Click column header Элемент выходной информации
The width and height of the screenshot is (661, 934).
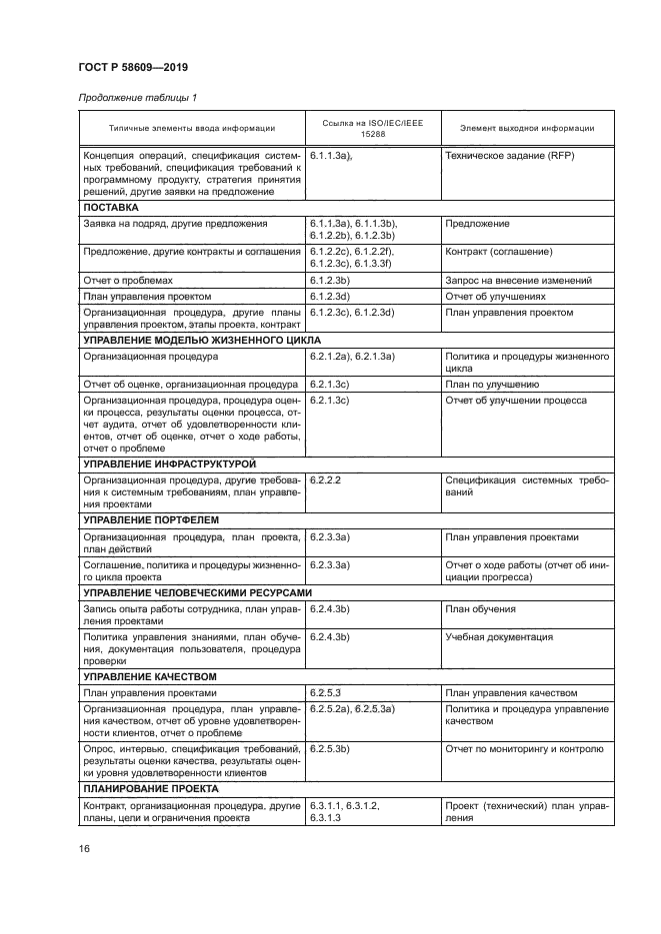click(x=527, y=128)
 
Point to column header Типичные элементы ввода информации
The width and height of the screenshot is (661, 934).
click(x=192, y=128)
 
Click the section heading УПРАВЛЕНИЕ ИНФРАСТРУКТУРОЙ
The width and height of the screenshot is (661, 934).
click(x=170, y=465)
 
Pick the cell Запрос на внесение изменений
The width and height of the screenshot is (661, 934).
click(x=519, y=281)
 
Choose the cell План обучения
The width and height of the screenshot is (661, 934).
click(x=481, y=608)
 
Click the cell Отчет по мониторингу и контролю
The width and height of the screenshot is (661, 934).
click(x=524, y=748)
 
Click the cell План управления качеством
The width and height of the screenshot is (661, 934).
click(x=511, y=691)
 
